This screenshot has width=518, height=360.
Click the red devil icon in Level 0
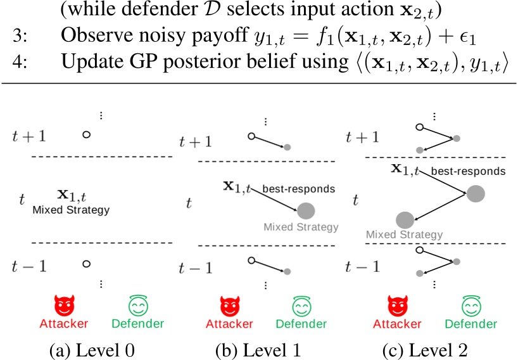pyautogui.click(x=65, y=305)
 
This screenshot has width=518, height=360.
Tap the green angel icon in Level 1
pyautogui.click(x=301, y=305)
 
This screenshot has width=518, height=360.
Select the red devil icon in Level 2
pyautogui.click(x=398, y=305)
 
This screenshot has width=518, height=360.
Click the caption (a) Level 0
pyautogui.click(x=92, y=350)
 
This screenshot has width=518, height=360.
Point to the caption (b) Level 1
pyautogui.click(x=258, y=350)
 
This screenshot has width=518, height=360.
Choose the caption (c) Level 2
pyautogui.click(x=425, y=350)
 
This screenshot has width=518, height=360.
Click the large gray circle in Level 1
pyautogui.click(x=306, y=211)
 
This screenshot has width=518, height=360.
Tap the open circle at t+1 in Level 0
pyautogui.click(x=87, y=134)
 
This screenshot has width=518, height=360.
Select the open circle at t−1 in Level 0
pyautogui.click(x=87, y=264)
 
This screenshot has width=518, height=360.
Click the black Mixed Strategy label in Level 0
pyautogui.click(x=71, y=210)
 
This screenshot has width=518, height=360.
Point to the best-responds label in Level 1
pyautogui.click(x=299, y=189)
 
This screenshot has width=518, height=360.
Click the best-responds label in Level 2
pyautogui.click(x=468, y=171)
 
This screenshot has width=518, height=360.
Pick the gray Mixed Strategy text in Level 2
pyautogui.click(x=405, y=235)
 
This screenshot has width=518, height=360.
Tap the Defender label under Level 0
pyautogui.click(x=138, y=324)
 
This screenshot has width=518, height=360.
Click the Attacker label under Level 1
pyautogui.click(x=229, y=324)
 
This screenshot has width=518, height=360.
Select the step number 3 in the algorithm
pyautogui.click(x=20, y=35)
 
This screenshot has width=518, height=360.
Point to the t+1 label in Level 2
pyautogui.click(x=362, y=137)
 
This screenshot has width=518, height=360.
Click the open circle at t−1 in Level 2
pyautogui.click(x=420, y=250)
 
